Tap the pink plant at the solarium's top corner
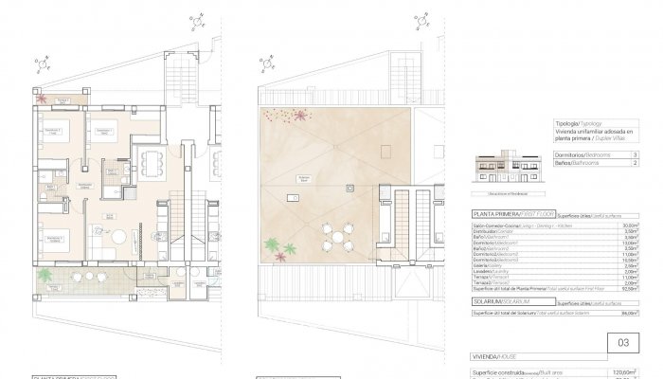(300, 115)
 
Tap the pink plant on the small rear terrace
(41, 98)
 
